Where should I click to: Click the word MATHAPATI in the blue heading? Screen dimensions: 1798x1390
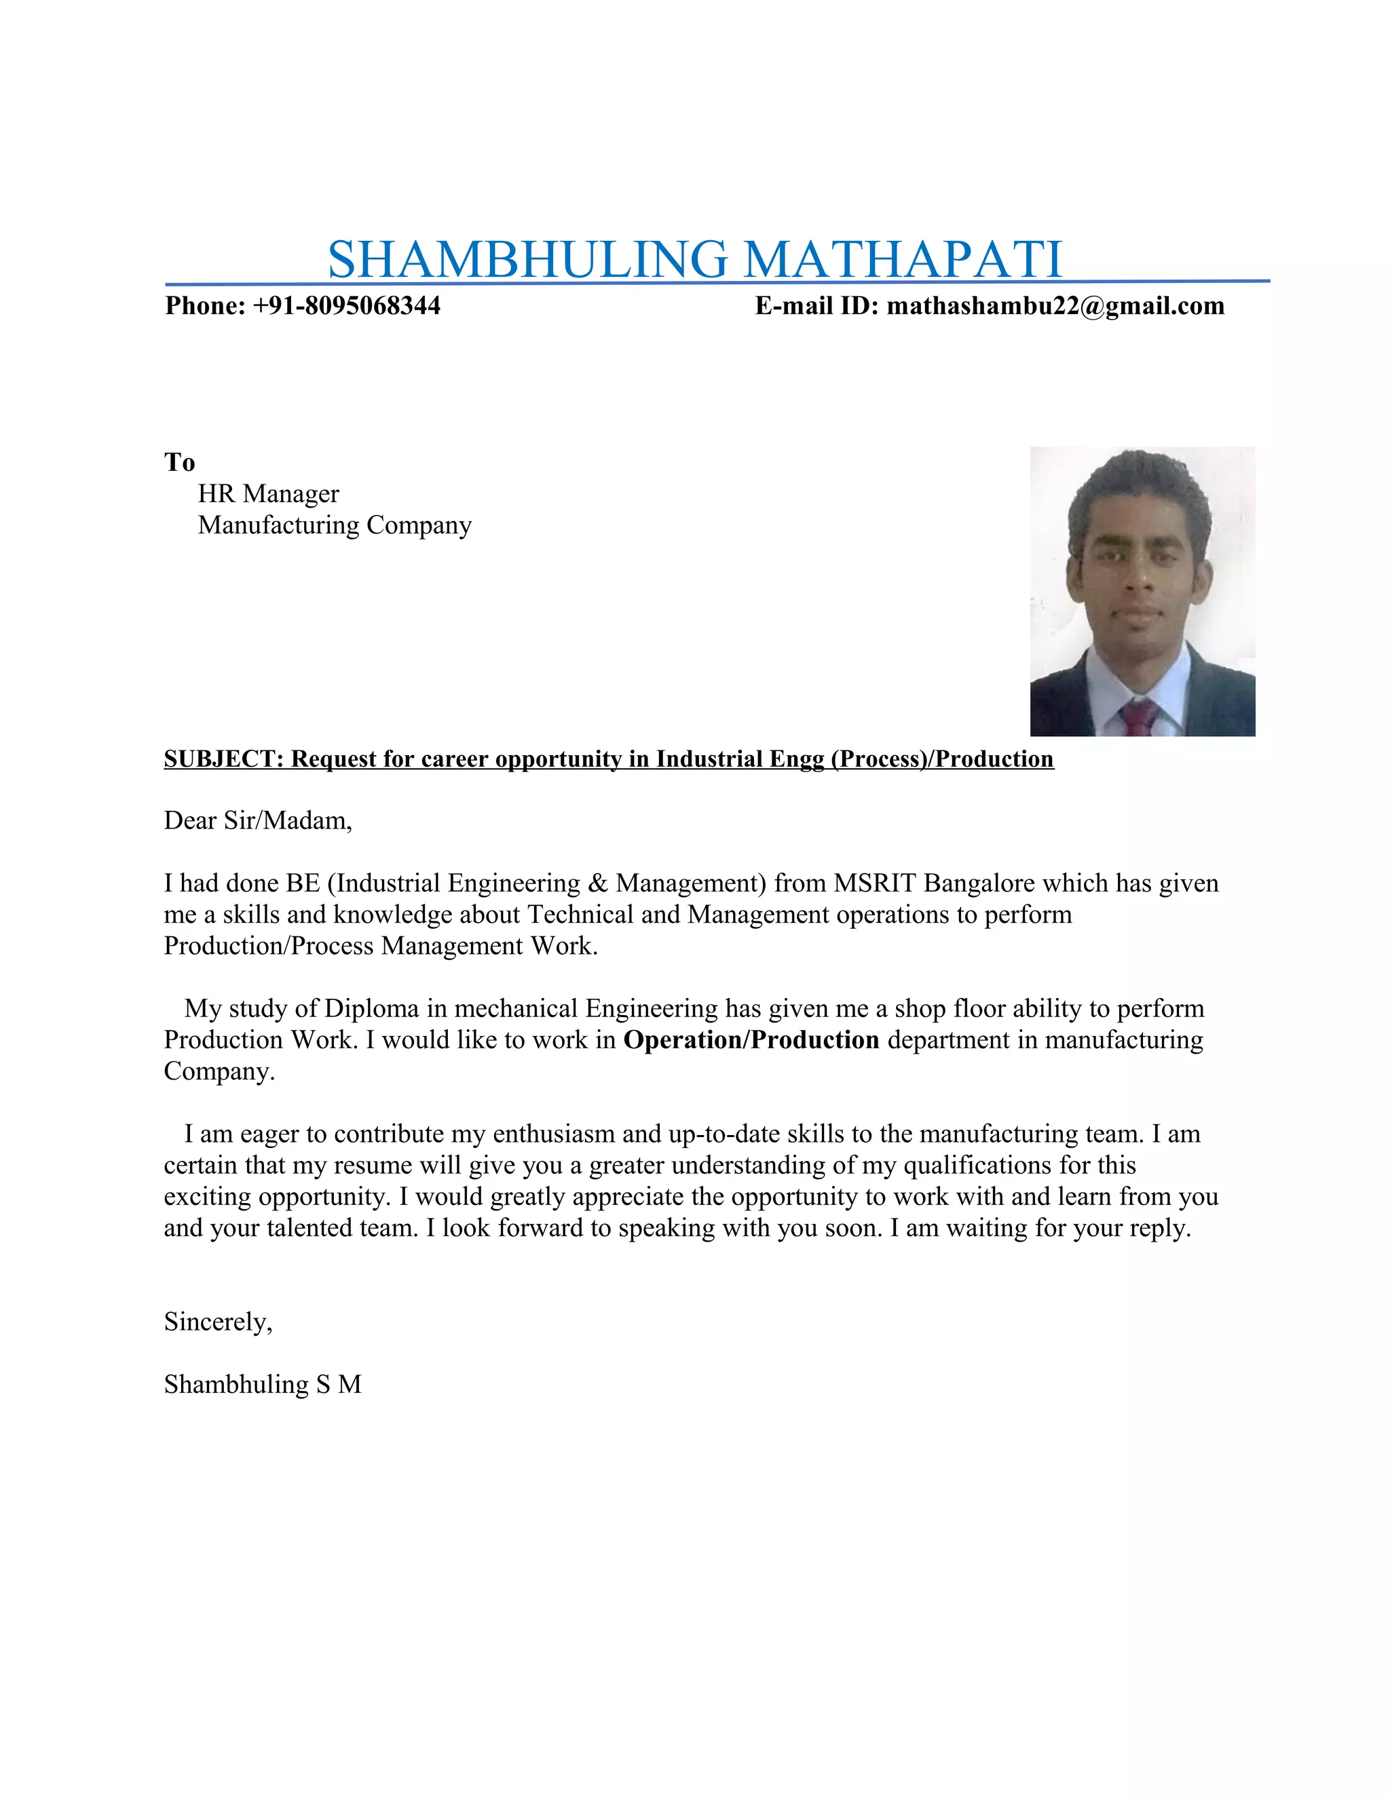coord(903,259)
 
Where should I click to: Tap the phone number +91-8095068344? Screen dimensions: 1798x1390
coord(347,306)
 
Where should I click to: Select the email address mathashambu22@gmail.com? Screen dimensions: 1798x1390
coord(1055,306)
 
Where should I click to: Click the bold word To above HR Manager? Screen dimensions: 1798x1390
coord(179,462)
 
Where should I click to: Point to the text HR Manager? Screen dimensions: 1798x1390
coord(269,494)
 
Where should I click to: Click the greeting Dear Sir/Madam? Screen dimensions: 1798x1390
coord(258,821)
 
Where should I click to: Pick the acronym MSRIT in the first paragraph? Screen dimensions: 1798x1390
coord(874,883)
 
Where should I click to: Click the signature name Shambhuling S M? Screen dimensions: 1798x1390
coord(263,1384)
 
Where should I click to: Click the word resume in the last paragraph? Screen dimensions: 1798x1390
coord(373,1165)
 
